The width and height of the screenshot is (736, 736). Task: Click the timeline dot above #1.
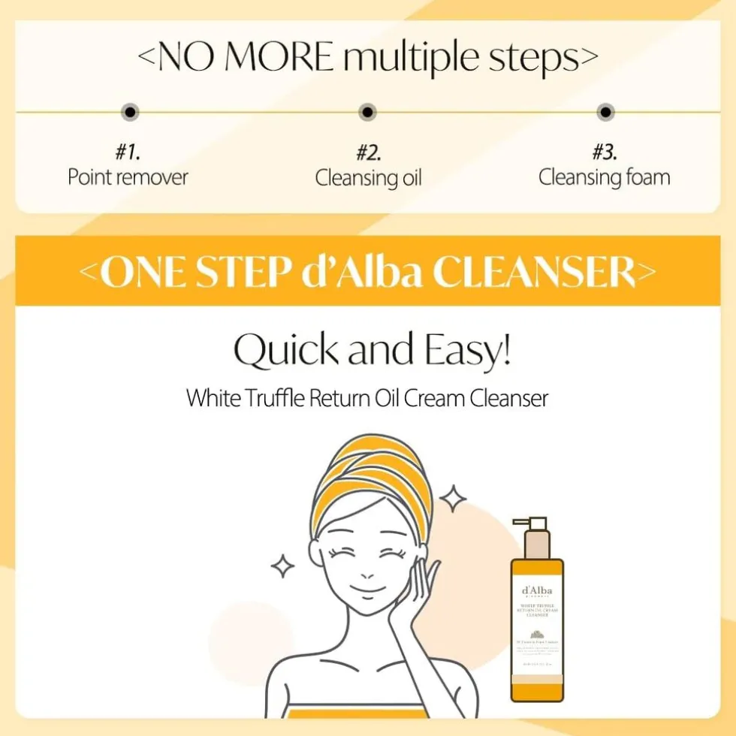131,112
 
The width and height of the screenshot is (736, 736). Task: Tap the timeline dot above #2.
367,112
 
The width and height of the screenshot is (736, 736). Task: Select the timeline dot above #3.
605,112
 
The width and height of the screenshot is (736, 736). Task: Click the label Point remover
128,177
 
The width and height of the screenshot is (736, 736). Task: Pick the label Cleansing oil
368,178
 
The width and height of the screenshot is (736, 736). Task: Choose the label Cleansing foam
604,177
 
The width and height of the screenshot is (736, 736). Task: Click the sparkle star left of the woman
282,566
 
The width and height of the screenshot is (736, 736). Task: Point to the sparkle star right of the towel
453,498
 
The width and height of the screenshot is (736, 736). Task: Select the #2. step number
368,153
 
